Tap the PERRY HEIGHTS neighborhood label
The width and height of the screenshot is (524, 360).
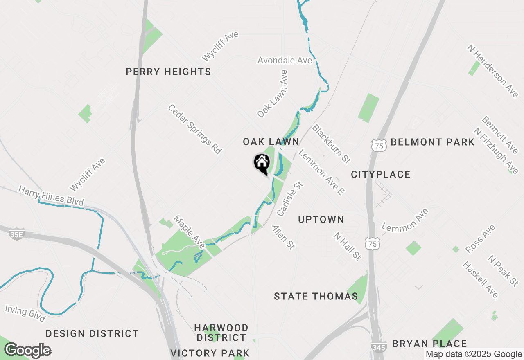click(x=168, y=72)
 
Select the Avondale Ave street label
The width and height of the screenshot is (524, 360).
click(x=285, y=61)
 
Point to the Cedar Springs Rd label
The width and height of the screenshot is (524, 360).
click(x=195, y=129)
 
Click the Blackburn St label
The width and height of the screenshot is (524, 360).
click(x=332, y=144)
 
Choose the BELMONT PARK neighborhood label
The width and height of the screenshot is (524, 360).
click(x=432, y=142)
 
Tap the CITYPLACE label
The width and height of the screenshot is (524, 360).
click(x=380, y=175)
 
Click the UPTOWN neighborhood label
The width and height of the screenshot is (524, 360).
click(x=321, y=220)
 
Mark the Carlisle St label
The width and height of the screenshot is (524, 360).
click(x=290, y=199)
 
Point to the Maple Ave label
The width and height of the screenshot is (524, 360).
click(x=189, y=232)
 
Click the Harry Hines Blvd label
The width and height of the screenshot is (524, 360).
click(x=51, y=196)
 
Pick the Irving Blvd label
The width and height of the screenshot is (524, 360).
click(x=25, y=313)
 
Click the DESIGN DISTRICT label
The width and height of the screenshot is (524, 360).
click(x=92, y=334)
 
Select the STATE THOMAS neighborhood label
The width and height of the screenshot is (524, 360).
click(x=316, y=297)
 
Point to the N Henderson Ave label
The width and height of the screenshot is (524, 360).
click(x=493, y=71)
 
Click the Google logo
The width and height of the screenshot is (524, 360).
click(x=27, y=351)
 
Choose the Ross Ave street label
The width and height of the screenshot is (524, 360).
click(x=481, y=239)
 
